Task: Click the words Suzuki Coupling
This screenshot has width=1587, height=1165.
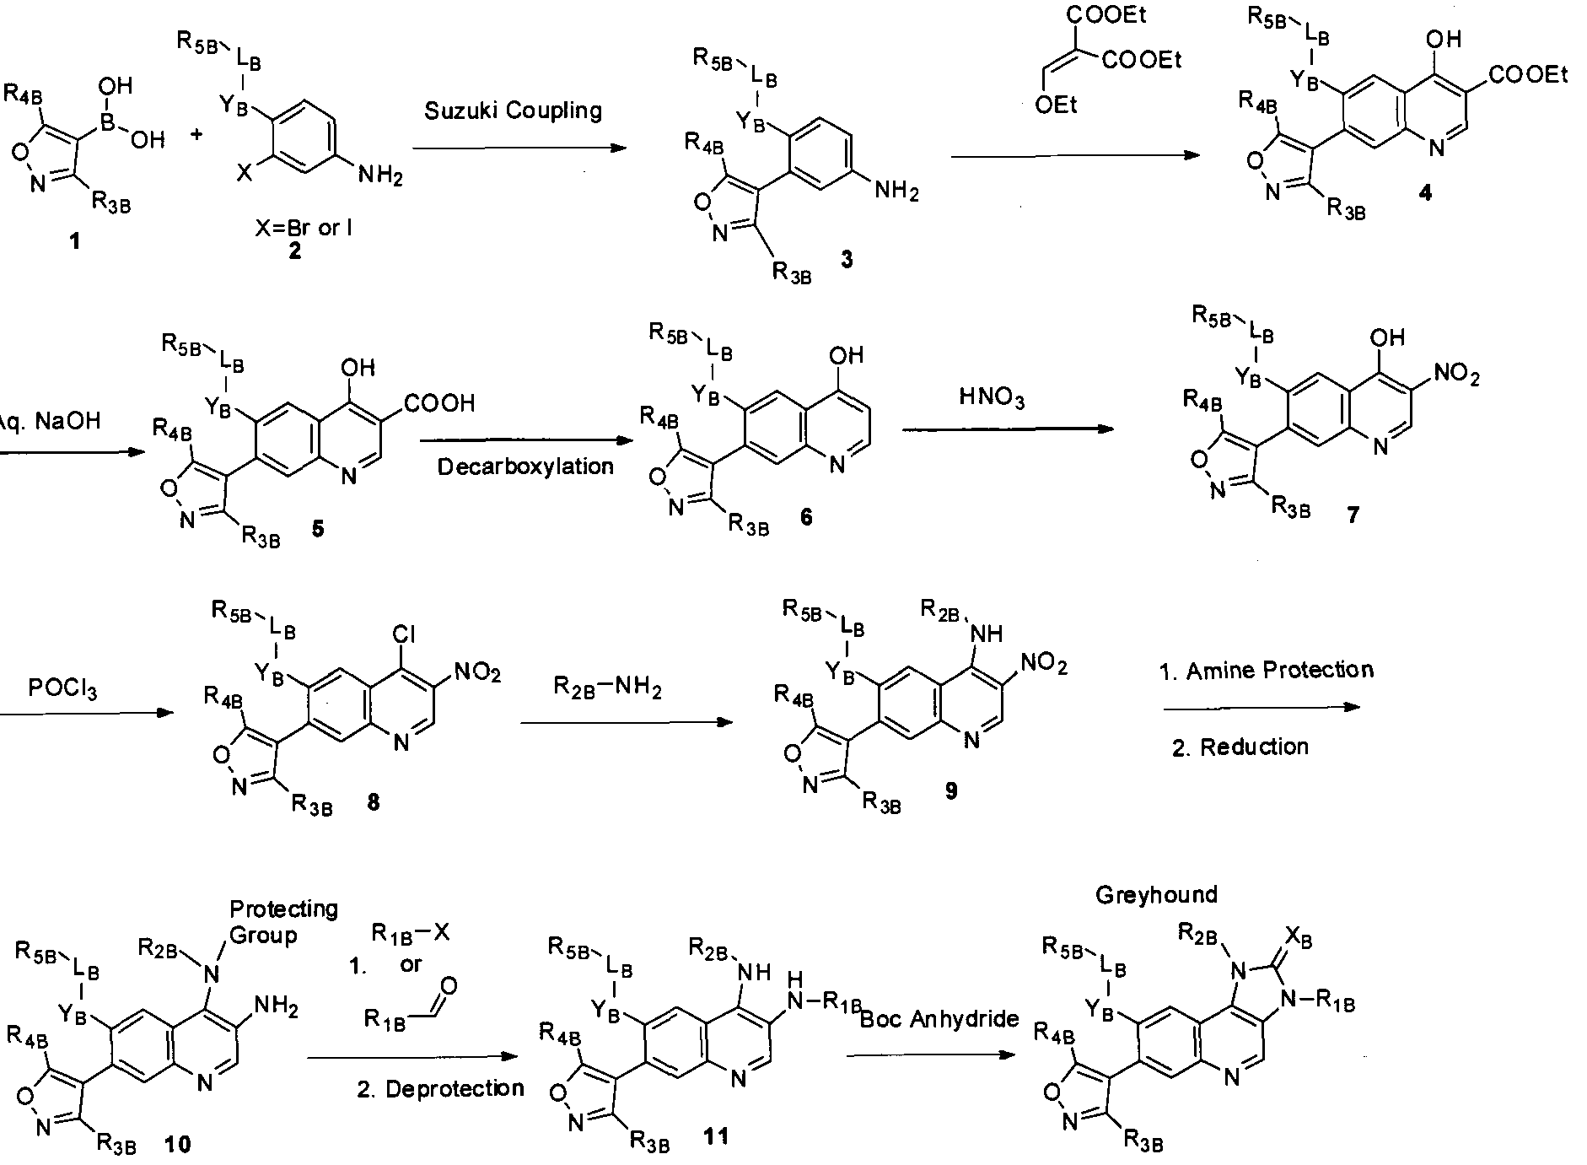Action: click(x=513, y=111)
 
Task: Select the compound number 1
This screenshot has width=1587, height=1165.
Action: click(x=75, y=242)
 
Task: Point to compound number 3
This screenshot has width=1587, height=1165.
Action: click(x=846, y=260)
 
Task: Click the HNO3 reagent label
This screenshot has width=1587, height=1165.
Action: click(x=992, y=397)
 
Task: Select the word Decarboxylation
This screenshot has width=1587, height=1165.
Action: click(x=525, y=467)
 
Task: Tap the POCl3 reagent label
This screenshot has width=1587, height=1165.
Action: click(x=62, y=689)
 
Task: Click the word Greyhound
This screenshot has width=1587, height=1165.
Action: click(x=1156, y=895)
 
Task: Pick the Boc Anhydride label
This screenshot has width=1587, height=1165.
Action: click(x=939, y=1019)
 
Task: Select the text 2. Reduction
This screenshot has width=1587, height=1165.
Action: click(x=1240, y=747)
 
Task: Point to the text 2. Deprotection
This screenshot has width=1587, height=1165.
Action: click(x=440, y=1089)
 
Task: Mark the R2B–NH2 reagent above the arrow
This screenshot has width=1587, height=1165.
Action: click(x=607, y=688)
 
